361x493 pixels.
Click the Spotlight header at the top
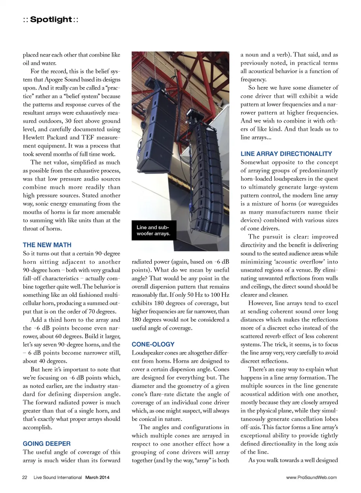(51, 20)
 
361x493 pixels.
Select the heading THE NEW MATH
(47, 245)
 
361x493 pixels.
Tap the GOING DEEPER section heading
(47, 444)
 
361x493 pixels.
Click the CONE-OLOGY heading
(153, 344)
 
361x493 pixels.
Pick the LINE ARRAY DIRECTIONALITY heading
(286, 154)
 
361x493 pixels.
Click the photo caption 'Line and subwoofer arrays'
(153, 230)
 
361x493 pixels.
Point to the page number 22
(25, 478)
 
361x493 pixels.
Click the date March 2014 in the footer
(97, 478)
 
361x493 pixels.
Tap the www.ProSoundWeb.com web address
(311, 478)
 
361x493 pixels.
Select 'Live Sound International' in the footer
(58, 478)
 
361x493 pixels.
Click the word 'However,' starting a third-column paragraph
(260, 303)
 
